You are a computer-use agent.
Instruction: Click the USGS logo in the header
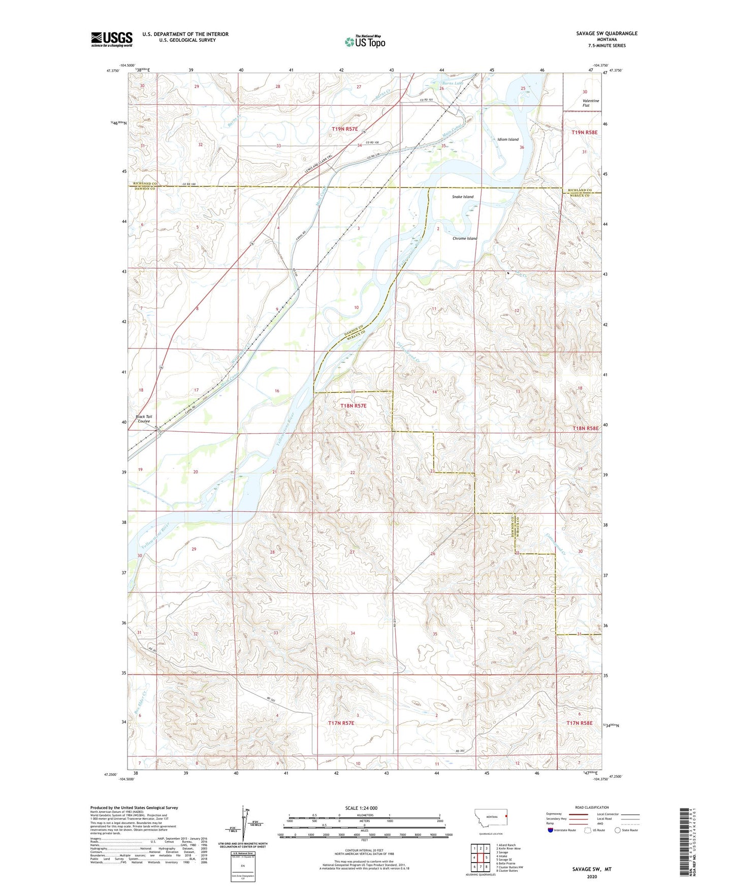pos(112,39)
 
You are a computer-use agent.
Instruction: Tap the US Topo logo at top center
pos(364,42)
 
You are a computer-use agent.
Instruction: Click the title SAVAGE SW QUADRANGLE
pos(607,34)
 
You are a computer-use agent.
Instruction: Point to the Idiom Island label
pos(507,139)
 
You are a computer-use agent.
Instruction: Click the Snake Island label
pos(462,197)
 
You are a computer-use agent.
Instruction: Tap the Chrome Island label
pos(465,238)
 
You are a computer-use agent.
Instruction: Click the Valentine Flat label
pos(591,103)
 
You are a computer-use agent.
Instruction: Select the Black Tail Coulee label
pos(144,419)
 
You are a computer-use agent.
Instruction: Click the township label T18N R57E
pos(353,406)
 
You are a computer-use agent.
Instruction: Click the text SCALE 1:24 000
pos(361,808)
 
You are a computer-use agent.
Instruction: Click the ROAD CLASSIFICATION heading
pos(592,807)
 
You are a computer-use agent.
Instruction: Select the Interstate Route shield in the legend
pos(551,830)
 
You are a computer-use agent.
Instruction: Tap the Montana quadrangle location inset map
pos(490,818)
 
